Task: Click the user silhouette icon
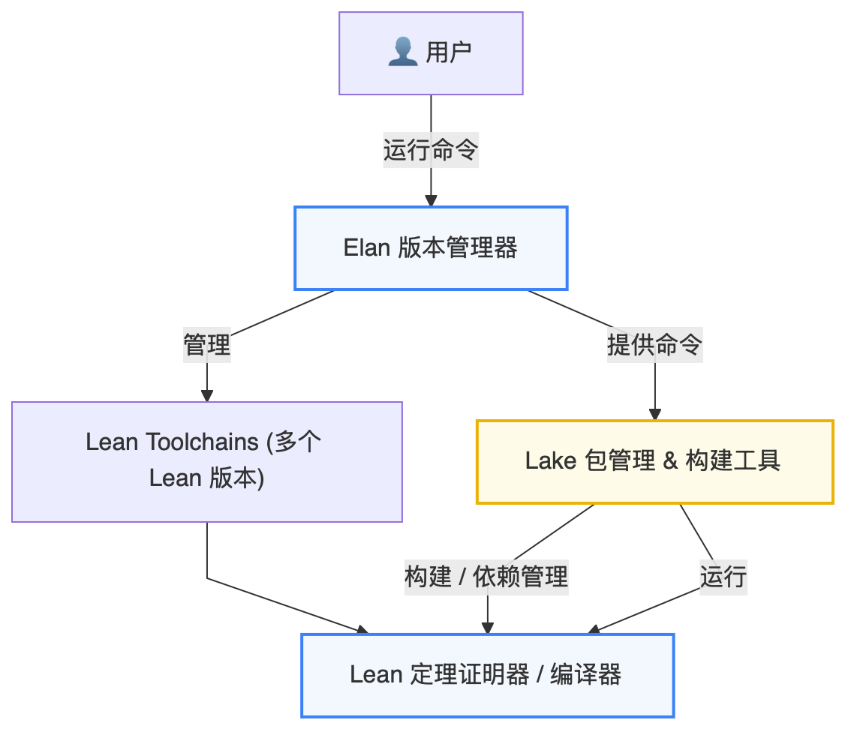pos(403,52)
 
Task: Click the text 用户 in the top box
pos(448,52)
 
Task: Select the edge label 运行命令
pos(431,151)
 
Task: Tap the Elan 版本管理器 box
pos(431,248)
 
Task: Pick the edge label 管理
pos(207,346)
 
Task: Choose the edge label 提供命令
pos(654,346)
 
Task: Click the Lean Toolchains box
pos(207,462)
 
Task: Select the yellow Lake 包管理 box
pos(654,461)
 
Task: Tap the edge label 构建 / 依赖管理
pos(487,577)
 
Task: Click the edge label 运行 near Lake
pos(723,577)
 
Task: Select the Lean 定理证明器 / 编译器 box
pos(487,675)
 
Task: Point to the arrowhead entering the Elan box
pos(431,200)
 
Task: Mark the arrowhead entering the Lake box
pos(654,414)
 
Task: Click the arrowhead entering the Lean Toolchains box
pos(207,395)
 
